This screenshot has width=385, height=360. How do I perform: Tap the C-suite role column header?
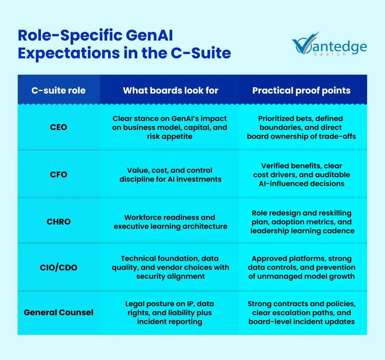pyautogui.click(x=58, y=90)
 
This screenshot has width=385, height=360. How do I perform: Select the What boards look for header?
pyautogui.click(x=170, y=90)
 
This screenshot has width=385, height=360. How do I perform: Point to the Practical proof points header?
pyautogui.click(x=301, y=90)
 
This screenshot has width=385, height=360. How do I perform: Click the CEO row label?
pyautogui.click(x=58, y=127)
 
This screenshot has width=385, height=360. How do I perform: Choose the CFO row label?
pyautogui.click(x=58, y=174)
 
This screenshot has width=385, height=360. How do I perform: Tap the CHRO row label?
pyautogui.click(x=58, y=221)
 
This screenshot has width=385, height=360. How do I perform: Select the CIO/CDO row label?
pyautogui.click(x=58, y=267)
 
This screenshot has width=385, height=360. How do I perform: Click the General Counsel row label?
pyautogui.click(x=58, y=312)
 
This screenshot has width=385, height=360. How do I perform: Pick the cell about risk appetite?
pyautogui.click(x=170, y=127)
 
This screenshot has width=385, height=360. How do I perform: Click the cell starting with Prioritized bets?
pyautogui.click(x=301, y=127)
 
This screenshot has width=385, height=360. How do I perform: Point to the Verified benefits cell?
pyautogui.click(x=302, y=174)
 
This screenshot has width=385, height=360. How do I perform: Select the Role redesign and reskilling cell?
pyautogui.click(x=302, y=221)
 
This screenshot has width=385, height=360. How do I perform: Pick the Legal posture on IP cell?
pyautogui.click(x=170, y=312)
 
